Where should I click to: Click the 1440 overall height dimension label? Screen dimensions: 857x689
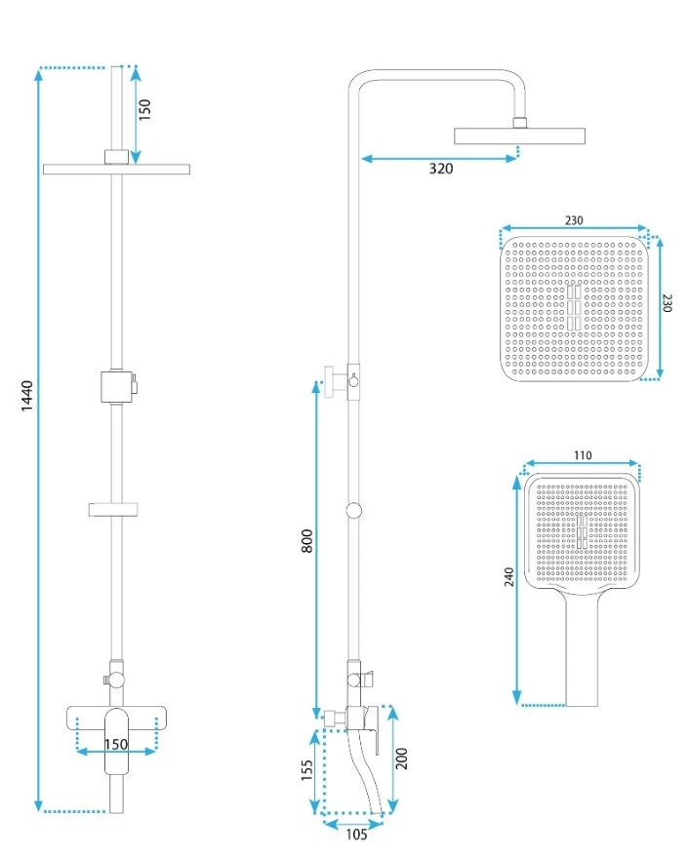tap(26, 398)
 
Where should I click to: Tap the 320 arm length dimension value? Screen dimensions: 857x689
tap(441, 169)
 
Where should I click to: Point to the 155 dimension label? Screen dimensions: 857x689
tap(306, 771)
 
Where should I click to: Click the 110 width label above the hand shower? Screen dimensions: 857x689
tap(583, 454)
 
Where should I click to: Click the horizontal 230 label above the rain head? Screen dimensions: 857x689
tap(574, 221)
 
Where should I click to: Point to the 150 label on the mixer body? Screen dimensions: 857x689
tap(116, 744)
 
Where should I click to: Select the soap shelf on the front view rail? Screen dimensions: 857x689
tap(116, 508)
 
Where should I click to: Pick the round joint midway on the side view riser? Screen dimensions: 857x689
tap(354, 509)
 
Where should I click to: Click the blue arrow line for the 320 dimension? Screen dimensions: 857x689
tap(439, 156)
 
